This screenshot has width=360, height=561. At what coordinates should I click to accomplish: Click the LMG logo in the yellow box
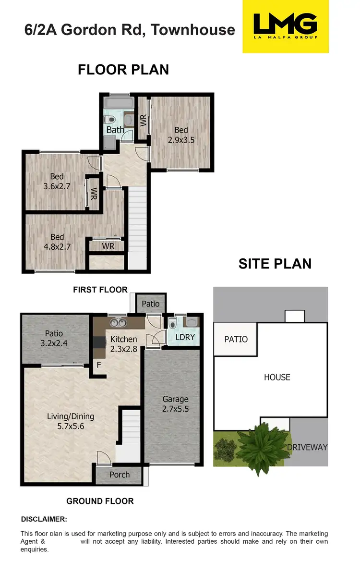[286, 26]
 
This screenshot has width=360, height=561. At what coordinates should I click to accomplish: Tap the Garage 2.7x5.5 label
[175, 403]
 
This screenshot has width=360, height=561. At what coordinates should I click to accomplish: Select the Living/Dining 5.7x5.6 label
[71, 421]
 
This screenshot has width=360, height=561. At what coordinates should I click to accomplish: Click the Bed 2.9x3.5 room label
[181, 135]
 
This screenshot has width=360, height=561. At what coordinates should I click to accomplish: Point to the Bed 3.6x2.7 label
[57, 181]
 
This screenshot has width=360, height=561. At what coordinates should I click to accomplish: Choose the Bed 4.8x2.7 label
[57, 242]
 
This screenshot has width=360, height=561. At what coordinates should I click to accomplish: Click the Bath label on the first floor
[115, 130]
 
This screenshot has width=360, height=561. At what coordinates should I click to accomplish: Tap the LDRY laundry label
[185, 337]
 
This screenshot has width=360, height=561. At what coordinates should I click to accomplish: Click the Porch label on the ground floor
[120, 475]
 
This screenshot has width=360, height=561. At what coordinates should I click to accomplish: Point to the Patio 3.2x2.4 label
[54, 338]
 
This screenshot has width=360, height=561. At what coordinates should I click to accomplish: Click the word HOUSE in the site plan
[277, 377]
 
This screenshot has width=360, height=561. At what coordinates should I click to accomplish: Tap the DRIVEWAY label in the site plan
[307, 447]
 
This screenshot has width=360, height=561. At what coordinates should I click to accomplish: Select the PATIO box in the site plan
[236, 339]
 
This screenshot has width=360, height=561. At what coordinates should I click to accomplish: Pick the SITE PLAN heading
[275, 264]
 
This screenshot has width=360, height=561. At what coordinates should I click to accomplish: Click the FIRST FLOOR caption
[100, 290]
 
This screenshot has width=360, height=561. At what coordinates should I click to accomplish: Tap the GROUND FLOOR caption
[100, 501]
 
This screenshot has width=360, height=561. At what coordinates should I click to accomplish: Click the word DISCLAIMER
[44, 519]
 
